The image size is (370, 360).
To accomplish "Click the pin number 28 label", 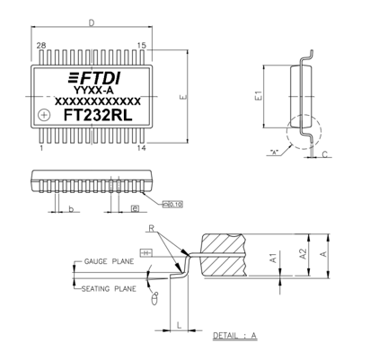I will (x=40, y=45).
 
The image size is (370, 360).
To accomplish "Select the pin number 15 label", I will (x=142, y=45).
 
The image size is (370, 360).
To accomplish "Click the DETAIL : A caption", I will (x=234, y=336).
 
